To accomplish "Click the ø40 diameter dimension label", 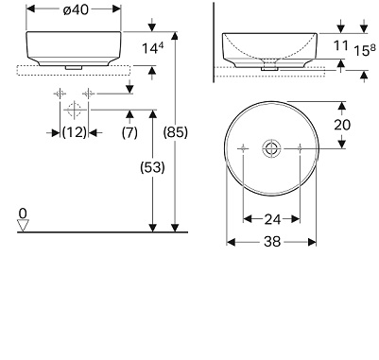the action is coord(76,9).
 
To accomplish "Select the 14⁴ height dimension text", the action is coord(153,48).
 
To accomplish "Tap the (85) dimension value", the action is coord(175,132).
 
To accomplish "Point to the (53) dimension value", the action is coord(152,167).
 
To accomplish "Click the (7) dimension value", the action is coord(129,132).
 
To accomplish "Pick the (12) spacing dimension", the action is coord(75,132).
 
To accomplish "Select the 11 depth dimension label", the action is coord(341,45).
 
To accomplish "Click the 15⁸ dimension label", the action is coord(365,50).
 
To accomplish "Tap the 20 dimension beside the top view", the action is coord(342,125).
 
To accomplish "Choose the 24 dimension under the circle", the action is coord(272,219).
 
